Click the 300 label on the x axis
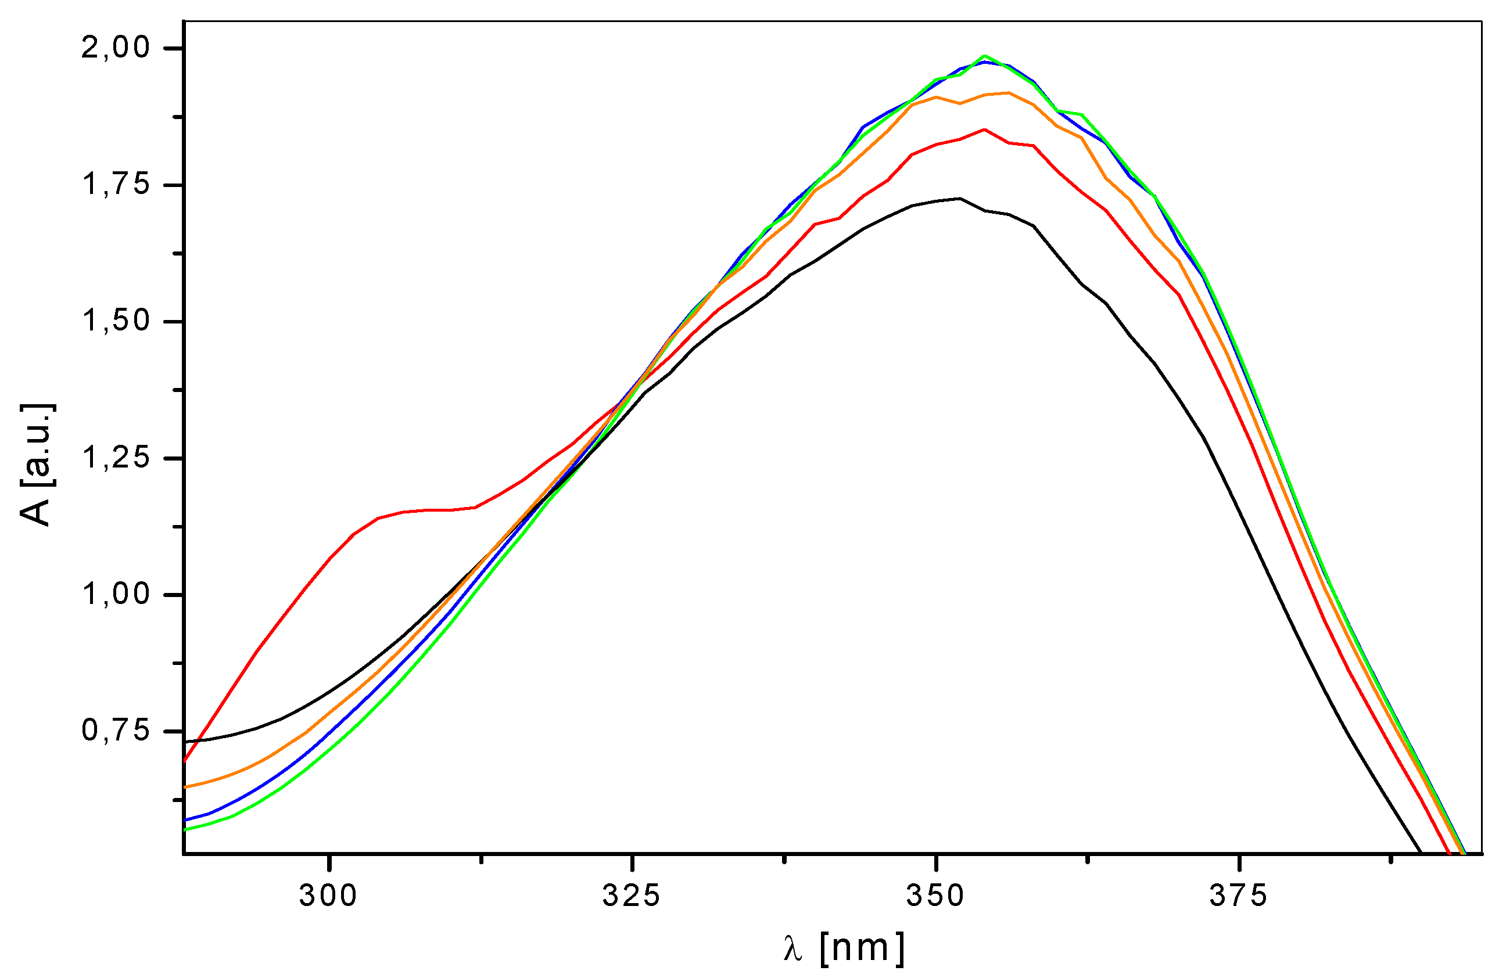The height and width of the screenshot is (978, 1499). point(329,896)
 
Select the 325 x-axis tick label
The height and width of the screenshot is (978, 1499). point(632,896)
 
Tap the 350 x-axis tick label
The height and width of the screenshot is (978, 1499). point(935,896)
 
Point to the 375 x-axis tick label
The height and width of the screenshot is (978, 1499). point(1238,896)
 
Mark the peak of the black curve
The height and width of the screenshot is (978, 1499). point(959,199)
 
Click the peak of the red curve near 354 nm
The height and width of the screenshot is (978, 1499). point(984,129)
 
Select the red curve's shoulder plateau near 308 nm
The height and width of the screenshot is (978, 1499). point(428,509)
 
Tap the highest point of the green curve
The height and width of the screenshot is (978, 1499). point(984,56)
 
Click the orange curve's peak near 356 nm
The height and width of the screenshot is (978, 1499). point(1009,92)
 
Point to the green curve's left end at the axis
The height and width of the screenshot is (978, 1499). point(185,830)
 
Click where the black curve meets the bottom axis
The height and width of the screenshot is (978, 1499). point(1421,853)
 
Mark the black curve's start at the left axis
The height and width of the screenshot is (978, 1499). point(185,742)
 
